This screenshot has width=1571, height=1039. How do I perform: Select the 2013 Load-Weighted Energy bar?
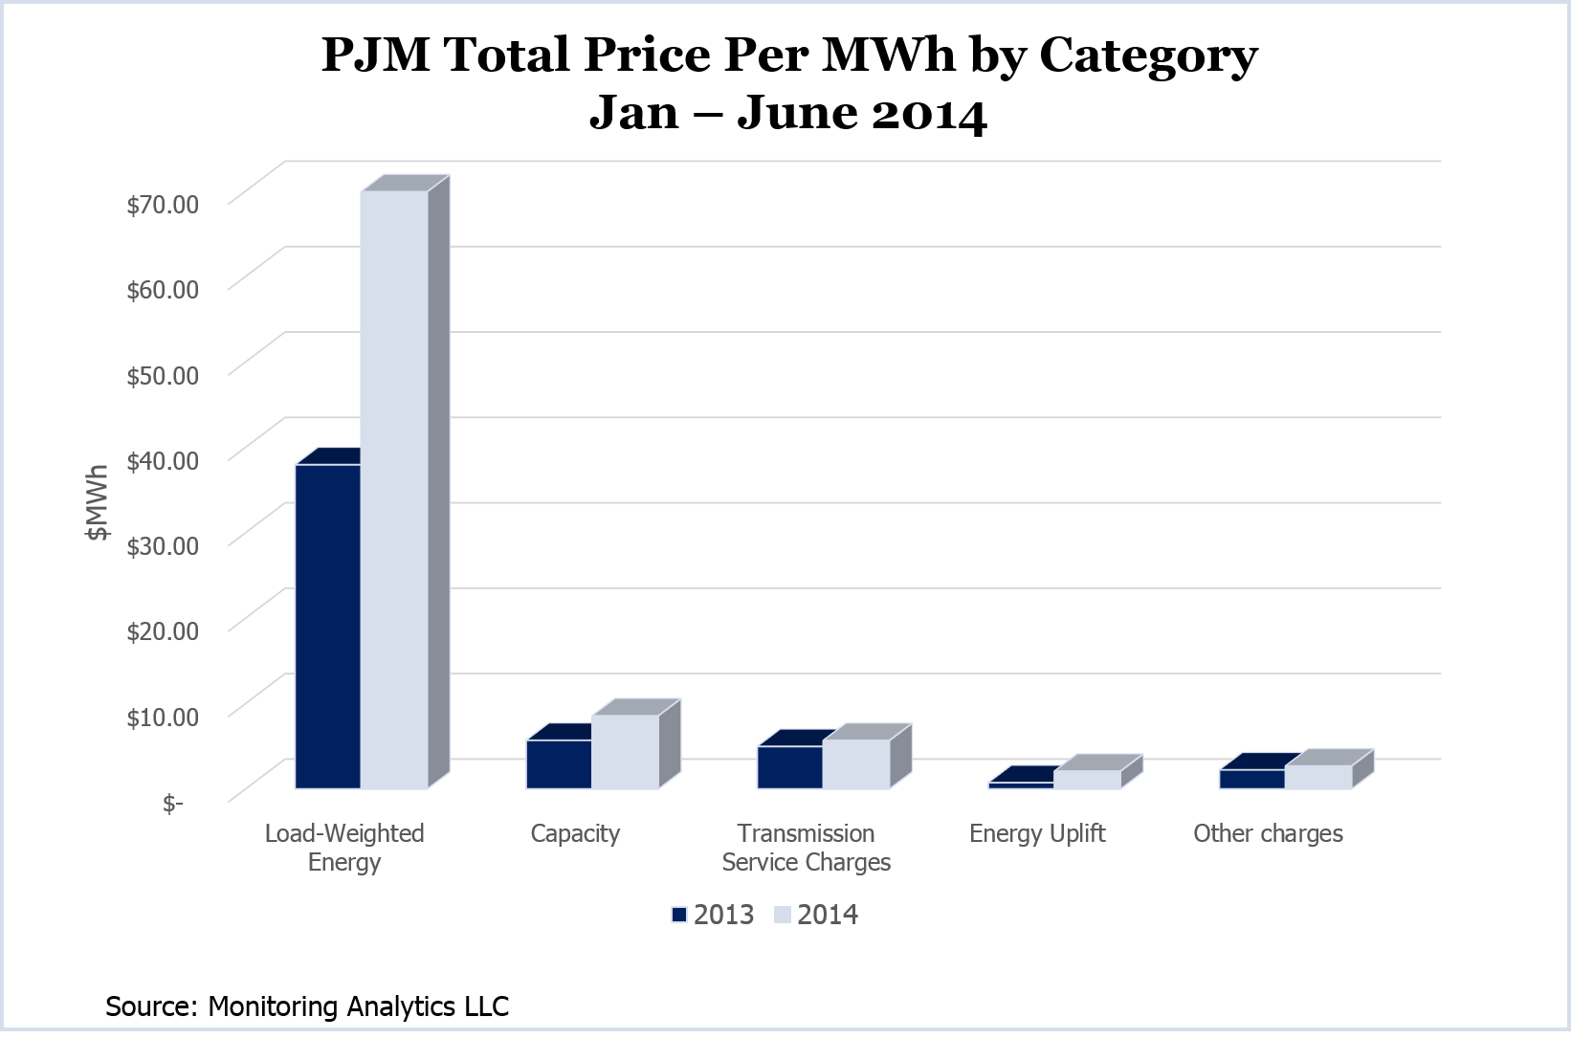(328, 627)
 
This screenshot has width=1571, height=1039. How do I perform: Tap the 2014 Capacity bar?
(626, 752)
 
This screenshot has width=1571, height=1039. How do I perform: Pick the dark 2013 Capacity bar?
(559, 764)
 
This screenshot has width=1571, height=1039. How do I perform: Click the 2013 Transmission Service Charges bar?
(790, 767)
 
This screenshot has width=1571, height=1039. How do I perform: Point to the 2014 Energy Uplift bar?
(1088, 780)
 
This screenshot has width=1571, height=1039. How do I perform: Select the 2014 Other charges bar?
(1318, 777)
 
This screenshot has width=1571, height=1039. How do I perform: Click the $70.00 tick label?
(163, 204)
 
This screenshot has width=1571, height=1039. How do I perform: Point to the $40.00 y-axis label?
(163, 460)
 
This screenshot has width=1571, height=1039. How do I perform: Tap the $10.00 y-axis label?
(163, 717)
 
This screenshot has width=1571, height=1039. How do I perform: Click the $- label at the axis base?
(172, 803)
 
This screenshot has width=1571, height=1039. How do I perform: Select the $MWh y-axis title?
(97, 503)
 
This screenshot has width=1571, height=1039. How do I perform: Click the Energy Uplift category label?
(1037, 833)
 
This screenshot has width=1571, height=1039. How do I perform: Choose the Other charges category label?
(1268, 833)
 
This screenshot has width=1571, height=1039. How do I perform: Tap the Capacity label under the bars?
(575, 833)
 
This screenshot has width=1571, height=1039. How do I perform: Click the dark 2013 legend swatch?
(679, 915)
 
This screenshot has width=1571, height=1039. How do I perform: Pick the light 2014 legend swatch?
(783, 915)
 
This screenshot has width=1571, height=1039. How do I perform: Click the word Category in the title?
(1148, 55)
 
